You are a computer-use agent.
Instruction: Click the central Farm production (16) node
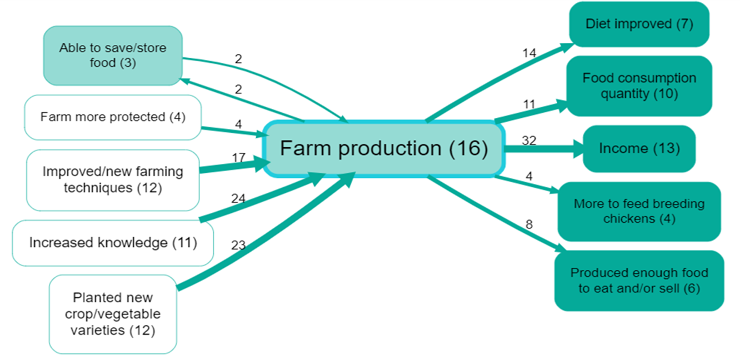383,149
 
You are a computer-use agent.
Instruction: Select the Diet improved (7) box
639,24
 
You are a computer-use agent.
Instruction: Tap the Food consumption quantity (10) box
639,86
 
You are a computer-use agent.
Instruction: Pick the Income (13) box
639,149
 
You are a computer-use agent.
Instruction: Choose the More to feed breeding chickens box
639,211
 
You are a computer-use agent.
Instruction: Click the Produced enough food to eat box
639,281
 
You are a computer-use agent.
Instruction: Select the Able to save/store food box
113,56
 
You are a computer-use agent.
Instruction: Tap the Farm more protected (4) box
113,117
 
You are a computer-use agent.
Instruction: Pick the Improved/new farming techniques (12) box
113,179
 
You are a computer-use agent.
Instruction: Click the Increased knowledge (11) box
113,243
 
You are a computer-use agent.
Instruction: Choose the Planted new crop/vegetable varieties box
113,314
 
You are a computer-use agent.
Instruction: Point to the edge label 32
529,141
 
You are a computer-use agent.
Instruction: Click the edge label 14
528,53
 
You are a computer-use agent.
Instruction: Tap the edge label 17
238,158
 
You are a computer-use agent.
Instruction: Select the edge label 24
238,198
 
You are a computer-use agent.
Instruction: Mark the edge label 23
238,245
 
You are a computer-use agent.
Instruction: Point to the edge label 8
529,225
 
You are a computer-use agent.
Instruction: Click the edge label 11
528,103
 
